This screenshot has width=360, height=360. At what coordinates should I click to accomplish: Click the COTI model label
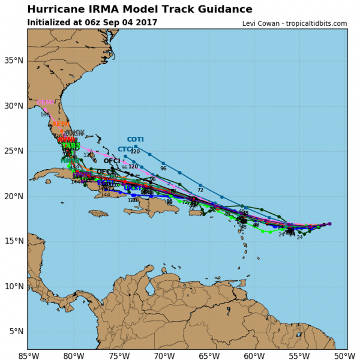tap(135, 139)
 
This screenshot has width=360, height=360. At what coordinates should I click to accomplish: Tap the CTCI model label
tap(125, 149)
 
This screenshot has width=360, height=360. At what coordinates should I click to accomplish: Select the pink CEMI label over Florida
tap(46, 103)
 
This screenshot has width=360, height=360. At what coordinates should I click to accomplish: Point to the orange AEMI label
tap(61, 124)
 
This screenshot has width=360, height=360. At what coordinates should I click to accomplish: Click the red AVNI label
tap(66, 139)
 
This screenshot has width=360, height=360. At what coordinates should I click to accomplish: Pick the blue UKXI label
tap(132, 188)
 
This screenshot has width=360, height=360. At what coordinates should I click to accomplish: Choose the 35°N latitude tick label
tap(15, 61)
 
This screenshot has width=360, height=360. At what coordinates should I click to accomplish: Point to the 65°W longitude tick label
tap(209, 355)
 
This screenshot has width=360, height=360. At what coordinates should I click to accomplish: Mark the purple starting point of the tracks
tap(329, 224)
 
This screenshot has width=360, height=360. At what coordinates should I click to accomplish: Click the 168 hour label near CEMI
tap(45, 115)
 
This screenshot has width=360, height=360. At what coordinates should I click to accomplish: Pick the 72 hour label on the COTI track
tap(200, 190)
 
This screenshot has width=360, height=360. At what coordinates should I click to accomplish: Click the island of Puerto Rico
tap(196, 212)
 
